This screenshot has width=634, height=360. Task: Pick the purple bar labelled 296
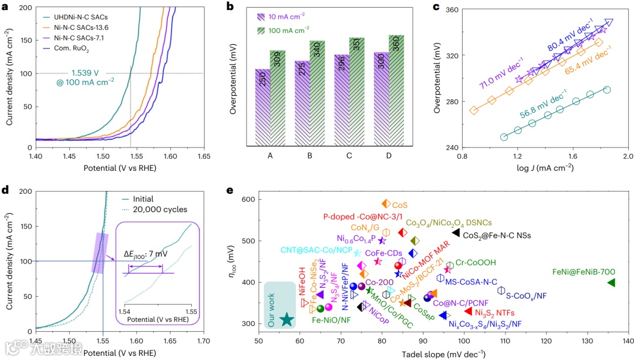point(340,100)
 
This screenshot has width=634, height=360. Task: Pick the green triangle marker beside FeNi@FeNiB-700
point(611,282)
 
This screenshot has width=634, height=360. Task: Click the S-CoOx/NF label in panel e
point(527,296)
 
